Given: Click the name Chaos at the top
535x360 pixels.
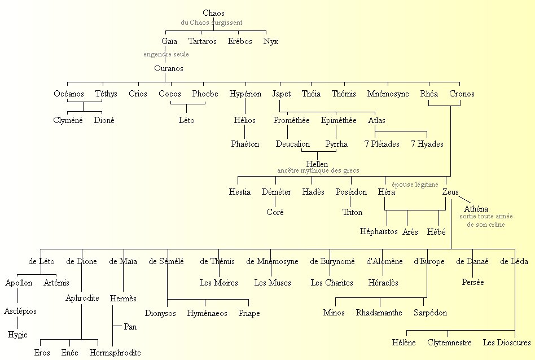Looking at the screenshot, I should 213,13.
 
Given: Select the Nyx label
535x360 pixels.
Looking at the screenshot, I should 271,41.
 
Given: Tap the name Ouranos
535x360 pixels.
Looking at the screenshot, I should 169,68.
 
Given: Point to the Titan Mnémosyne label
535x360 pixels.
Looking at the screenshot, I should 388,94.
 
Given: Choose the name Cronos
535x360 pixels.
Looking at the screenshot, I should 462,94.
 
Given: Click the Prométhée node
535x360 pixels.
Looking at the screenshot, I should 291,120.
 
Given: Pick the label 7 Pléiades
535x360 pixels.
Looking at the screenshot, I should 381,144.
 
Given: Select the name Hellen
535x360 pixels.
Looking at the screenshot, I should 317,164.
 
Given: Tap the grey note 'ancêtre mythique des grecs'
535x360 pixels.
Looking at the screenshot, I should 318,170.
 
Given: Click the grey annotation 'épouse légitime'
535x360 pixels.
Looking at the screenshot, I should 415,185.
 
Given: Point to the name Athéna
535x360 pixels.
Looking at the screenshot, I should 476,209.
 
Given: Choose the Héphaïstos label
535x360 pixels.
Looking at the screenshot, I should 379,231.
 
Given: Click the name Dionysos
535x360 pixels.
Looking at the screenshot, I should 160,313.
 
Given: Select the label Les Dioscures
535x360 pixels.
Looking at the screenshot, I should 507,343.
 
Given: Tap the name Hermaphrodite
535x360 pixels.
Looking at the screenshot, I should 115,353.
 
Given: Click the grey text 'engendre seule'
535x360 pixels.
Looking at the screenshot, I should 166,54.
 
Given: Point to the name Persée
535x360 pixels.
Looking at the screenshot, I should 472,282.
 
